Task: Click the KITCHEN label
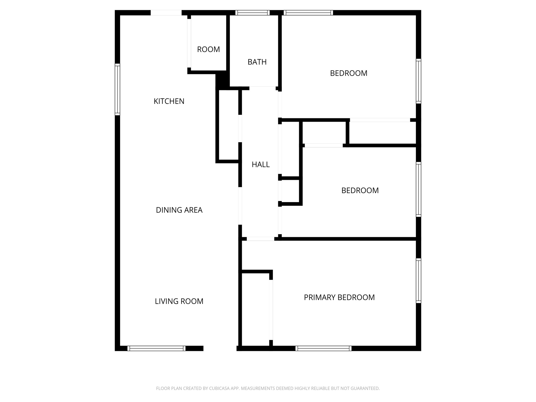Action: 169,101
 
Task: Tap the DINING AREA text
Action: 179,210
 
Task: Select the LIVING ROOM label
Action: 179,301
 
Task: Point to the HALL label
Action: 260,165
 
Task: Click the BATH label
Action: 257,62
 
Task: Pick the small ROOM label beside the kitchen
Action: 208,49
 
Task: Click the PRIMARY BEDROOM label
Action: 339,297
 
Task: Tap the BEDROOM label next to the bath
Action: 349,73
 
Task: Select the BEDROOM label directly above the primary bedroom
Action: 360,191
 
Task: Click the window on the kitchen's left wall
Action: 118,90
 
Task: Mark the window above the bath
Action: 252,13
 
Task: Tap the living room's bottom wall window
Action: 156,348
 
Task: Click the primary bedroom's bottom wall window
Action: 323,348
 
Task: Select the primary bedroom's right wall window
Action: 418,281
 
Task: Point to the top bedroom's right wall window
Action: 418,81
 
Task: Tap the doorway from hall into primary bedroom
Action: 260,239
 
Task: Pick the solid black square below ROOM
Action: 222,80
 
